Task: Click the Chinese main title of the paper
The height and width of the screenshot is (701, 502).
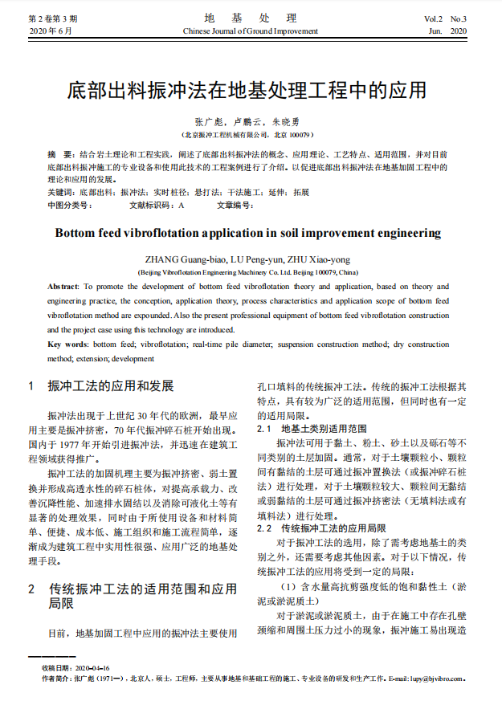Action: pos(247,88)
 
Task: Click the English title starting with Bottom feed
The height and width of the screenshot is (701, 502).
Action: pos(247,233)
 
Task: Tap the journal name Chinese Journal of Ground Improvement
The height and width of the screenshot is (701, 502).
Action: pos(250,31)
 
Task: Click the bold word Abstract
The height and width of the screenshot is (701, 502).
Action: pos(63,286)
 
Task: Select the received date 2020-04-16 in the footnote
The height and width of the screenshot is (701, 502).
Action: pos(93,668)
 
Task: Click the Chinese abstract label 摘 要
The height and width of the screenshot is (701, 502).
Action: pos(59,153)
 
